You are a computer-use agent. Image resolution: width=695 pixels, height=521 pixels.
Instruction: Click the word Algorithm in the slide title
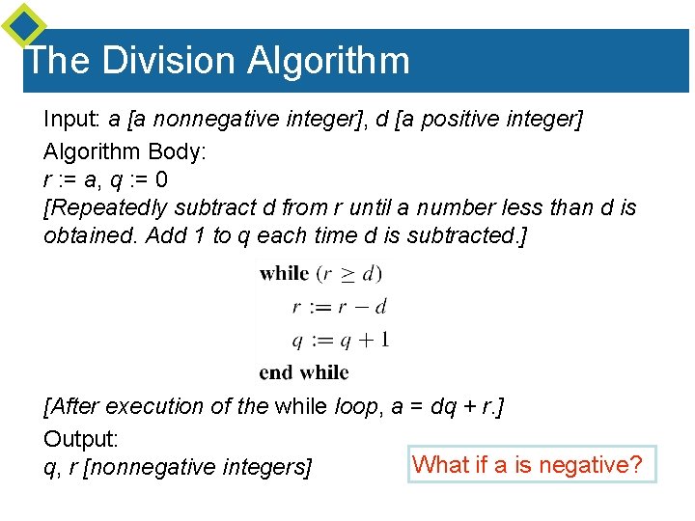328,61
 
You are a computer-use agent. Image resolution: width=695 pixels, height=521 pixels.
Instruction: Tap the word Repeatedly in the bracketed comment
106,207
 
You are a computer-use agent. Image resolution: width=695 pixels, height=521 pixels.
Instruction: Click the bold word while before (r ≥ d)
284,273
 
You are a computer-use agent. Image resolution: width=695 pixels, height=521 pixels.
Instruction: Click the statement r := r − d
340,307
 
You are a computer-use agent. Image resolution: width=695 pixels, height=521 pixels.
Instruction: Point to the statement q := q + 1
340,339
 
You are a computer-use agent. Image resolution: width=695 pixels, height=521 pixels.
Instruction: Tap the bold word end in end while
277,371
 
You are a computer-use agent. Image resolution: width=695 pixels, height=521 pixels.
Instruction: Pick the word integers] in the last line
264,468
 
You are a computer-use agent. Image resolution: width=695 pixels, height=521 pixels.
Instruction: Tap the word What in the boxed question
439,465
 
